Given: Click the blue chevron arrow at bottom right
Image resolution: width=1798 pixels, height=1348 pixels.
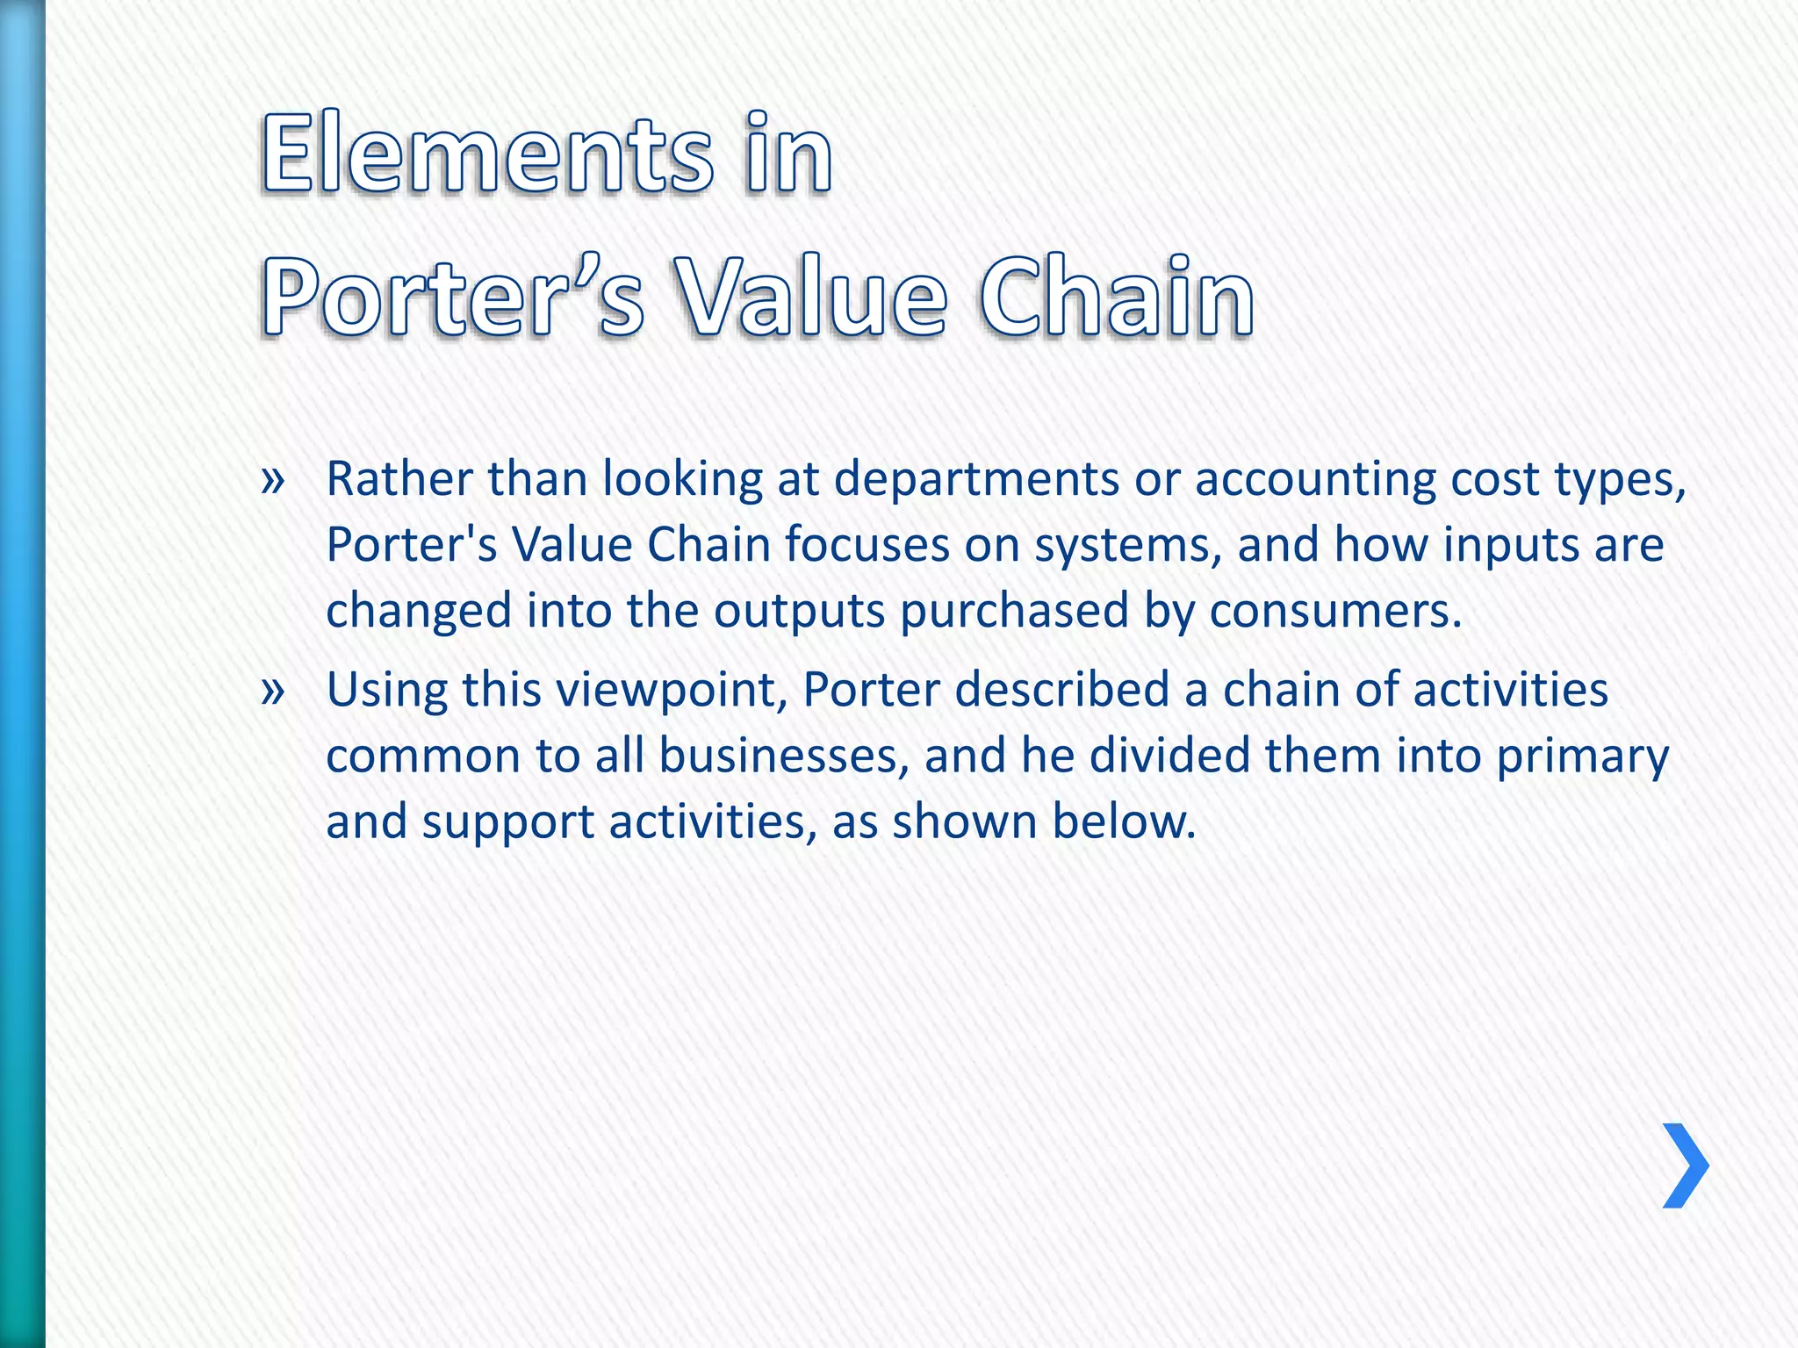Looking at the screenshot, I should (1686, 1165).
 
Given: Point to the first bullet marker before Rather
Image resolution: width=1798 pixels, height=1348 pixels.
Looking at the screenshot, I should (273, 480).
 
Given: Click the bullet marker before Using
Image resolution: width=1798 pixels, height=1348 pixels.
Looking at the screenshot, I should (273, 691).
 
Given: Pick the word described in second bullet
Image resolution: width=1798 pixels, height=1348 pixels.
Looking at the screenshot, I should (1061, 690).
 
